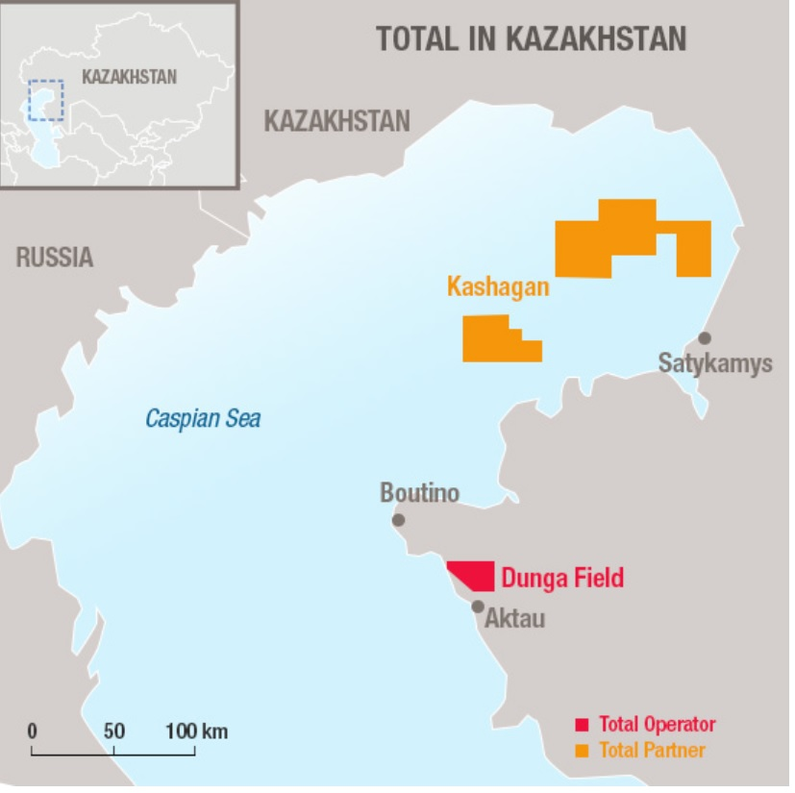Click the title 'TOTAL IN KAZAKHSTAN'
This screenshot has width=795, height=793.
pos(531,38)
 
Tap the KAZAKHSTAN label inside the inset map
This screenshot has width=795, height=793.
pos(129,77)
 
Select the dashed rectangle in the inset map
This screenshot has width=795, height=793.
pos(46,100)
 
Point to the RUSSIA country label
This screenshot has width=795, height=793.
pos(55,257)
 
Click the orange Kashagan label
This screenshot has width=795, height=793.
pos(498,286)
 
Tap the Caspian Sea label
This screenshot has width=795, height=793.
pos(203,419)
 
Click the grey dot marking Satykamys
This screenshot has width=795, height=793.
pos(705,338)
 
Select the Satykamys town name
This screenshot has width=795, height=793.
pos(715,364)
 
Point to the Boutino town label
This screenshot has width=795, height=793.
pos(419,494)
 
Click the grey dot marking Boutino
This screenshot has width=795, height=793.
pos(398,520)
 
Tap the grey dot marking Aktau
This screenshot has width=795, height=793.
pos(478,607)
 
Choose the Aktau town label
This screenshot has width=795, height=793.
pos(514,618)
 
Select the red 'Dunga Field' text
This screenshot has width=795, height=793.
pos(562,579)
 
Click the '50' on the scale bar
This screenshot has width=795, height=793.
pos(114,731)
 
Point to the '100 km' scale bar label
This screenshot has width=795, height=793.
pos(196,731)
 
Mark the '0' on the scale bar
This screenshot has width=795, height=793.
pos(32,731)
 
